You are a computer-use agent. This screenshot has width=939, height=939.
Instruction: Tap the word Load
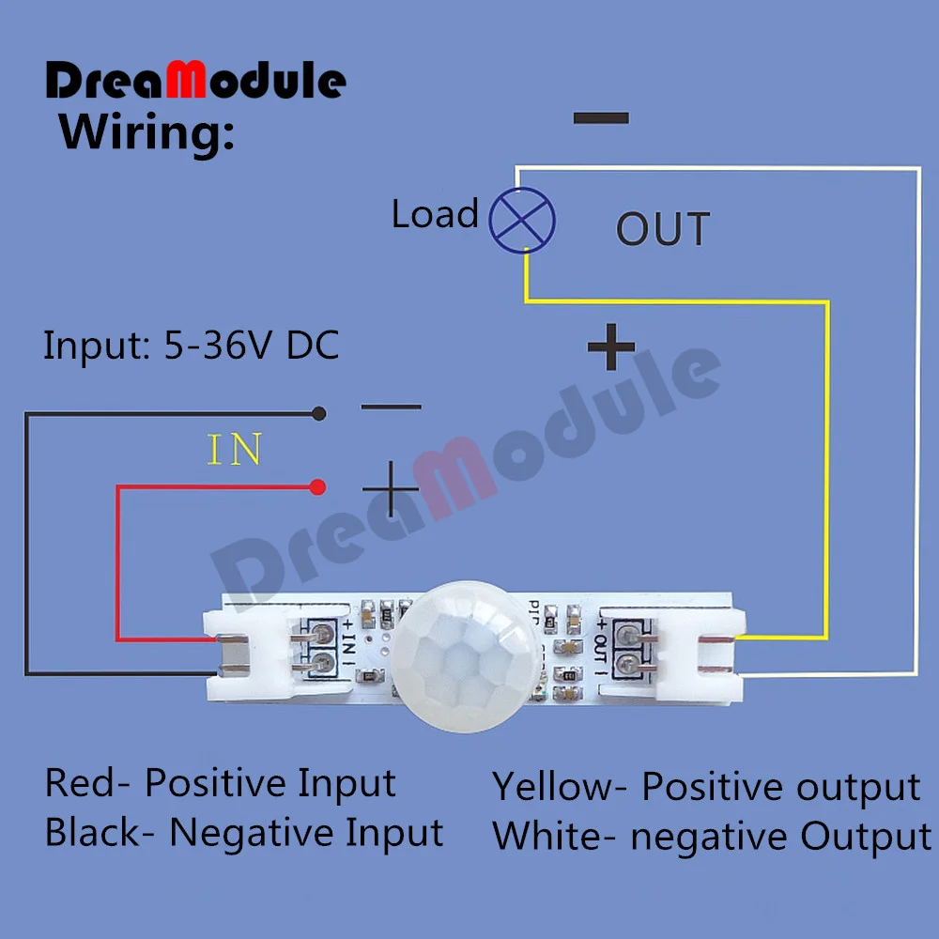pos(435,214)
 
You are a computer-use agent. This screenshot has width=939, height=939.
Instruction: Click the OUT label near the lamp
pos(663,229)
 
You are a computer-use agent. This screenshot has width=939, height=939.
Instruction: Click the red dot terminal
pos(318,486)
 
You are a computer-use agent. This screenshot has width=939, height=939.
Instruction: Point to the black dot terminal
pos(319,412)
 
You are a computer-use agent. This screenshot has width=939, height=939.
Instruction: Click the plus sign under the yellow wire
pos(611,349)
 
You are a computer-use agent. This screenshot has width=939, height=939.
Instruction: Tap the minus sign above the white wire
pos(601,118)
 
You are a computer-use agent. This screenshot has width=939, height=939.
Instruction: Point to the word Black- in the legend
pos(99,832)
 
